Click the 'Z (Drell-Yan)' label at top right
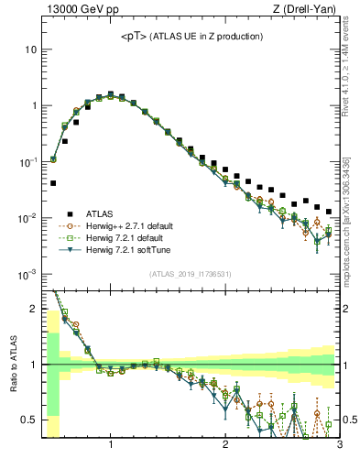(x=308, y=10)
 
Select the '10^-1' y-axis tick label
(x=27, y=162)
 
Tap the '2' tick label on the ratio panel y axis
(x=33, y=309)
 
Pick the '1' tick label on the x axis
(x=110, y=446)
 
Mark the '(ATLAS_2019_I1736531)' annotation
(x=190, y=273)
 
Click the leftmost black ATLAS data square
(x=52, y=183)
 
